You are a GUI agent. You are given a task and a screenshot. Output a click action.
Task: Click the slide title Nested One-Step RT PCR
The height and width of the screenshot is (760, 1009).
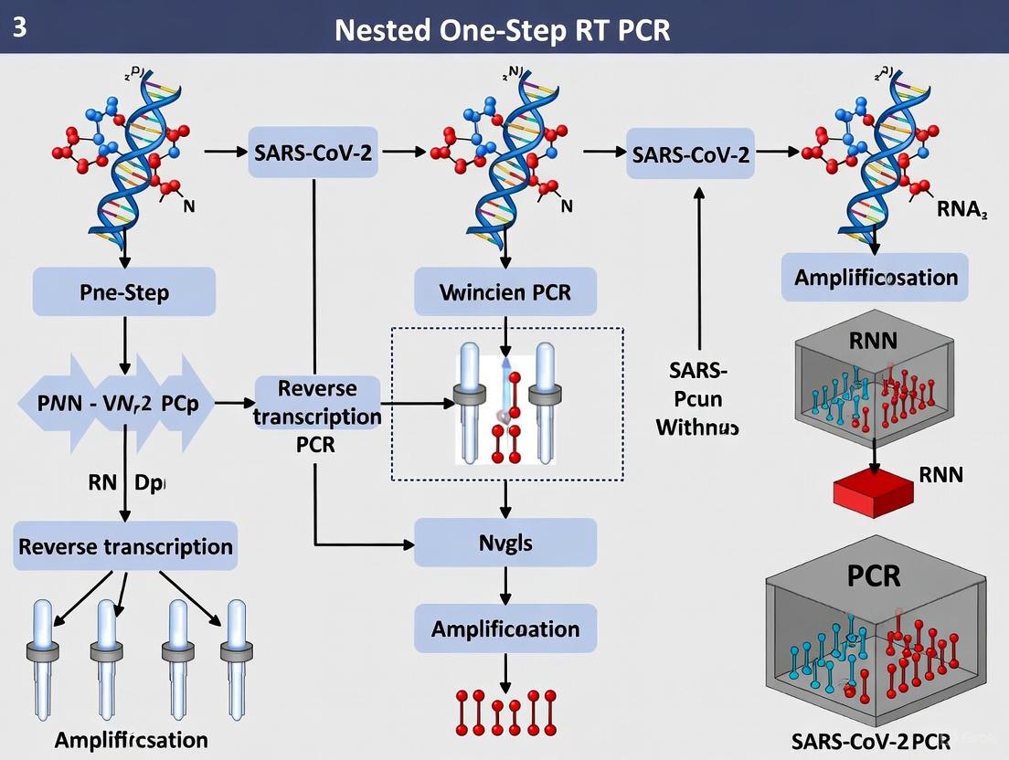coord(503,29)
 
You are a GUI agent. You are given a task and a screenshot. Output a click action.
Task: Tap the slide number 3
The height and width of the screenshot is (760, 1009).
coord(20,27)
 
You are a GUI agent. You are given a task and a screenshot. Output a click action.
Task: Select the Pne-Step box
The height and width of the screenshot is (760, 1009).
coord(124,292)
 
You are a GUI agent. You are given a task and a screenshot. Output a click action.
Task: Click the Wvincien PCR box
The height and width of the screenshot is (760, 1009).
coord(505,293)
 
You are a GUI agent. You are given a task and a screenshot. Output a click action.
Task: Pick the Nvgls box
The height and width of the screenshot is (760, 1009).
coord(505,543)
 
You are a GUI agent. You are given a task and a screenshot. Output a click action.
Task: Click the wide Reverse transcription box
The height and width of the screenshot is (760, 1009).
coord(126,546)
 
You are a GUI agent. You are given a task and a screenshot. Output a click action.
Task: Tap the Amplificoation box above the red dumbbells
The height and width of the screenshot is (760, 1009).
coord(505,628)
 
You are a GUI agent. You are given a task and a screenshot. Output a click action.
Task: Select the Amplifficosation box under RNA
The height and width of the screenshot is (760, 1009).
coord(875,277)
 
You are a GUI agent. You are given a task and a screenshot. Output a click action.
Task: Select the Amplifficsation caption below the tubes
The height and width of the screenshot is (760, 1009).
coord(131,739)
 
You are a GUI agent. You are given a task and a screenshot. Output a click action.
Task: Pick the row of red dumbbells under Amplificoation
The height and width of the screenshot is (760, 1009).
coord(505,712)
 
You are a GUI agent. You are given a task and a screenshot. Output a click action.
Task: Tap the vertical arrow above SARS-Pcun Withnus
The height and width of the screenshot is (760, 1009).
coord(699,265)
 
